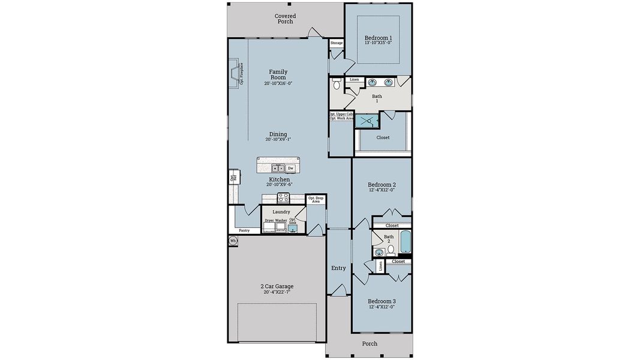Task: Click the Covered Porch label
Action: [285, 19]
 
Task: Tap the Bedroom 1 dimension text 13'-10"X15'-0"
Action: [378, 43]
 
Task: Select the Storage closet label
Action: [336, 43]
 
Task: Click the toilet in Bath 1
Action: [336, 85]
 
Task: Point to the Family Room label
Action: [278, 74]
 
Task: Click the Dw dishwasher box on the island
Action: [291, 169]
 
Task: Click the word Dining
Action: [278, 134]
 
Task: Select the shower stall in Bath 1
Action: [364, 121]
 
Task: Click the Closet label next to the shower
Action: [383, 137]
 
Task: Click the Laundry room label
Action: [281, 212]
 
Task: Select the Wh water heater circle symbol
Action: [233, 241]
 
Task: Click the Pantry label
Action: [244, 230]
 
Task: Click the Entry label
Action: [338, 268]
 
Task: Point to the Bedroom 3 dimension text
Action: [381, 307]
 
